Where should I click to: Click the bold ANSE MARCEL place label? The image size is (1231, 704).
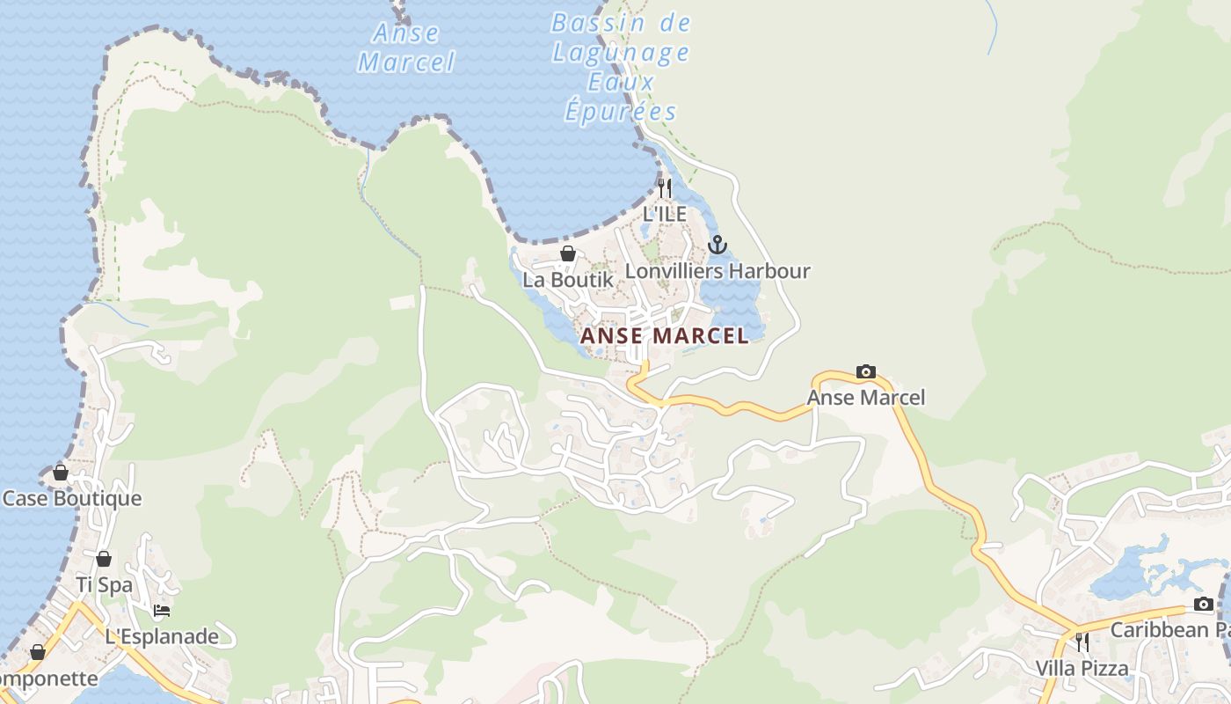point(664,335)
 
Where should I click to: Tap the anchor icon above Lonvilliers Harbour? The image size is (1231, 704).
point(717,244)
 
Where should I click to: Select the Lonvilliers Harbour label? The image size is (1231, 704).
point(717,271)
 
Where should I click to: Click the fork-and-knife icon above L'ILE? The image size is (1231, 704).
point(665,187)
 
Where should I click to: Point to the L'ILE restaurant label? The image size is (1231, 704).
point(665,213)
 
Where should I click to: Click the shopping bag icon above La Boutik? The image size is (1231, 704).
point(568,253)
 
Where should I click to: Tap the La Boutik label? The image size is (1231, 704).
point(568,280)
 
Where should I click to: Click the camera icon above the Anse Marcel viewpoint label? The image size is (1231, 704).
point(865,371)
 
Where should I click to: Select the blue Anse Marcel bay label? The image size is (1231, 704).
point(406,48)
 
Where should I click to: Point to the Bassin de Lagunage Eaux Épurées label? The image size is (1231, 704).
point(621,68)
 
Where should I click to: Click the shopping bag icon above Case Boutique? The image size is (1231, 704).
point(61,473)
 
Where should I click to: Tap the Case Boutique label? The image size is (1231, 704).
point(72,499)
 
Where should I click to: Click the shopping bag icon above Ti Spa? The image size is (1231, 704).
point(104,559)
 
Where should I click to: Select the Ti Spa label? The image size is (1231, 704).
point(104,584)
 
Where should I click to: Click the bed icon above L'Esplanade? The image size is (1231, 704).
point(162,610)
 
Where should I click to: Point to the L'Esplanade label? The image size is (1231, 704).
point(162,636)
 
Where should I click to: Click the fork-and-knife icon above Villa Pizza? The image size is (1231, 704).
point(1082,642)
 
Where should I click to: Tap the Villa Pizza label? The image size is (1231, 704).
point(1082,668)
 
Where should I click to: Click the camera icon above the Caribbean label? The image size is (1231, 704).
point(1204,604)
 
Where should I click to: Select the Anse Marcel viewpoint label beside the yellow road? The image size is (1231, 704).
point(866,398)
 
